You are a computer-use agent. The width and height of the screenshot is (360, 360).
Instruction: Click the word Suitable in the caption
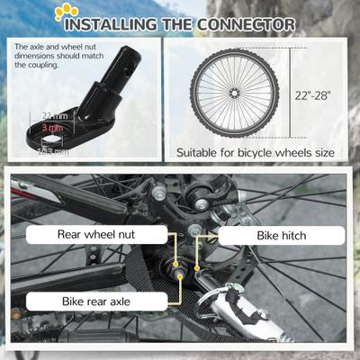(x=199, y=152)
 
